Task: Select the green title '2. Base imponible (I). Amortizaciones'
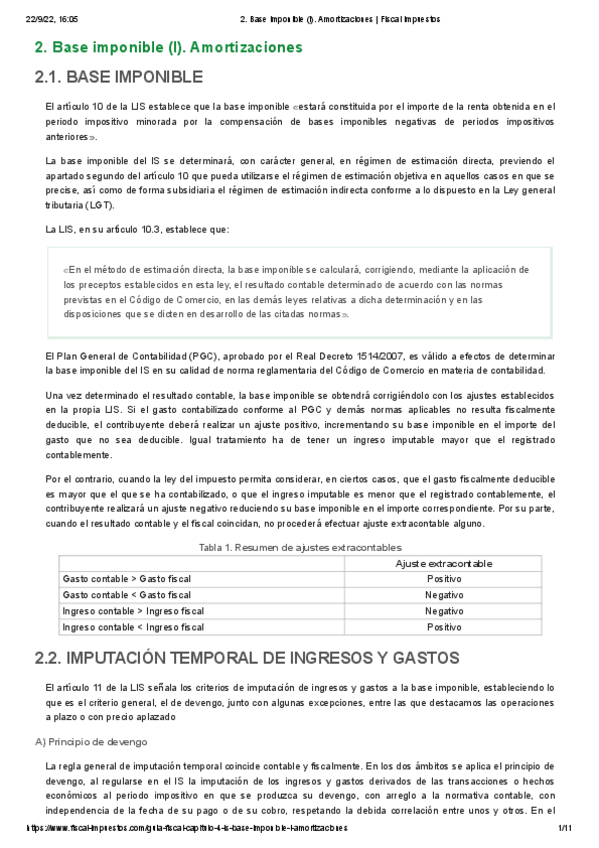click(168, 47)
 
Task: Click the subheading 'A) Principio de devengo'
click(91, 742)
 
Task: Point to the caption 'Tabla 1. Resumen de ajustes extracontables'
click(300, 547)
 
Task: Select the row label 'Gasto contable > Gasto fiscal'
click(126, 579)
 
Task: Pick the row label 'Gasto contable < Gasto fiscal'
click(126, 595)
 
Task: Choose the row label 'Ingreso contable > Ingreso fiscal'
click(132, 611)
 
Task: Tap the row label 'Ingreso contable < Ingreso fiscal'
click(132, 627)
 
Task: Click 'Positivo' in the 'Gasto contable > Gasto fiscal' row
click(443, 579)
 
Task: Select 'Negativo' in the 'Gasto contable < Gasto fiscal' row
click(443, 595)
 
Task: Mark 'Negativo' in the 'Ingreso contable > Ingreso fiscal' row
click(443, 611)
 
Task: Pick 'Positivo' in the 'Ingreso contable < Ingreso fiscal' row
click(443, 627)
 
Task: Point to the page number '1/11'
click(562, 829)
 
